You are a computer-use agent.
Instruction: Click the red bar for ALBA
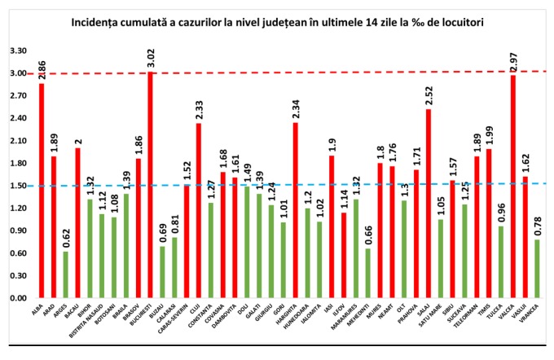pyautogui.click(x=42, y=191)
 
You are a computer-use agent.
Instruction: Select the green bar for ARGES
pyautogui.click(x=65, y=275)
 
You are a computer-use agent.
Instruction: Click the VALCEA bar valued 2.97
pyautogui.click(x=513, y=187)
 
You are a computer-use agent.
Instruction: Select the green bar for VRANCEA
pyautogui.click(x=538, y=270)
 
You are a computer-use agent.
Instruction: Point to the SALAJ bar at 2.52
pyautogui.click(x=429, y=204)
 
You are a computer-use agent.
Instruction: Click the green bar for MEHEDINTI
pyautogui.click(x=367, y=274)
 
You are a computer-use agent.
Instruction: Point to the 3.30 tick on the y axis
pyautogui.click(x=17, y=50)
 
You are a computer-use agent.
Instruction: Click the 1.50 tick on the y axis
pyautogui.click(x=17, y=186)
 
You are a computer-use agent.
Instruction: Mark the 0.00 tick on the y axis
pyautogui.click(x=17, y=298)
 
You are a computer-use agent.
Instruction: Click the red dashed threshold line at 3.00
pyautogui.click(x=326, y=72)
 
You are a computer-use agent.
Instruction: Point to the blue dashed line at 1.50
pyautogui.click(x=326, y=185)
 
